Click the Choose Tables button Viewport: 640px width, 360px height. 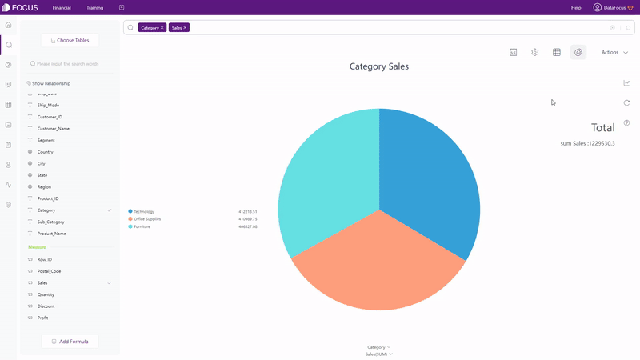70,40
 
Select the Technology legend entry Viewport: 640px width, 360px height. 144,211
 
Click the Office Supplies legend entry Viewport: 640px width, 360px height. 147,219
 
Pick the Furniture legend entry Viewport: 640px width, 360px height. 142,227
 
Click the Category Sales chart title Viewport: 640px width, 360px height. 379,66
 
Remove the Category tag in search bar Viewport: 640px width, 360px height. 162,27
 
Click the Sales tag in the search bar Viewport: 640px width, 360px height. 176,27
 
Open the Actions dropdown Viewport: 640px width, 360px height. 614,52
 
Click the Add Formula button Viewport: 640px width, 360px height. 70,342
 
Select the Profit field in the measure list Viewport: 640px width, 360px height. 44,318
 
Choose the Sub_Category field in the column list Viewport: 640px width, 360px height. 50,222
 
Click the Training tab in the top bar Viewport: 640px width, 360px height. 94,7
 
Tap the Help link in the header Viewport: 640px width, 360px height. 576,7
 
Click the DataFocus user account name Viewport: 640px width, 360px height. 614,7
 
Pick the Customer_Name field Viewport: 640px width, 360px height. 53,128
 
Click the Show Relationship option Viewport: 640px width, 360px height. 50,83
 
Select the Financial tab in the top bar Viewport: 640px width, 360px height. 62,7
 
